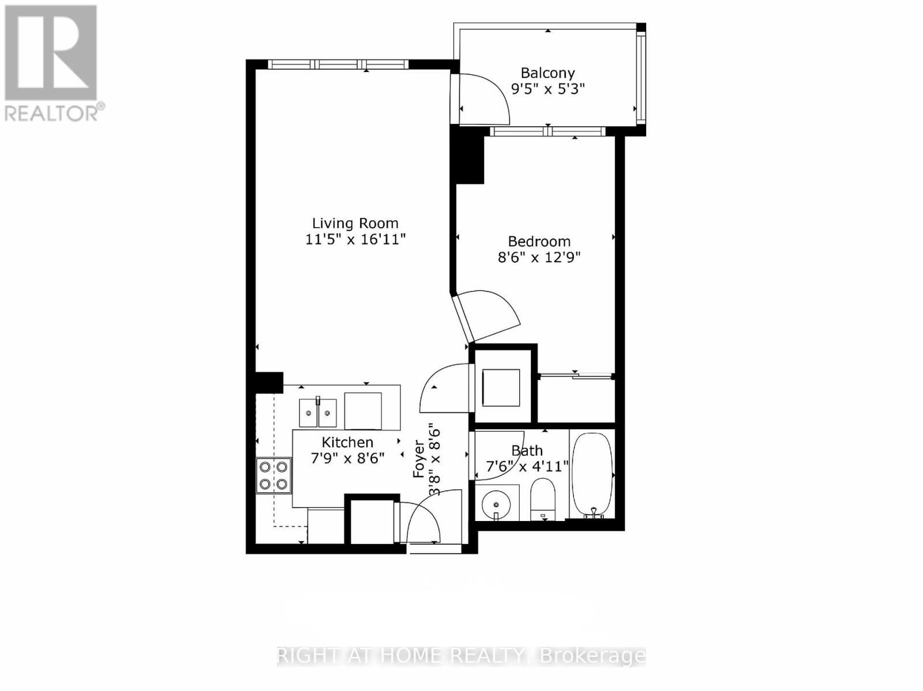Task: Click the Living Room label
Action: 355,224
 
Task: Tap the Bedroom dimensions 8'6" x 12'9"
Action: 539,257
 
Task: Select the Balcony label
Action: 547,73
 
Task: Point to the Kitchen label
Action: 347,442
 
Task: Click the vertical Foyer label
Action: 419,459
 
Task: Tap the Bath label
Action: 527,450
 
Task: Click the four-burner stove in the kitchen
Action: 273,475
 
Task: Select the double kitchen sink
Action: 318,412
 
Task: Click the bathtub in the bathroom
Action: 591,474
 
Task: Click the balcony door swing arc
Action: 487,98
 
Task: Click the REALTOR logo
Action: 52,63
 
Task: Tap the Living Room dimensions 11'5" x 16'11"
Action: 355,239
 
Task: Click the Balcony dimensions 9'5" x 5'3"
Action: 548,89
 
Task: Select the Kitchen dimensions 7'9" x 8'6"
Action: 347,458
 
